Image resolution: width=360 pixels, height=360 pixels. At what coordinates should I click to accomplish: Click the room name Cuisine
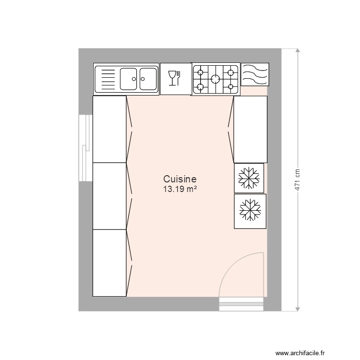[x=180, y=180]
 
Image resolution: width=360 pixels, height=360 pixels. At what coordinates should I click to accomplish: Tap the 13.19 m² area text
[x=180, y=189]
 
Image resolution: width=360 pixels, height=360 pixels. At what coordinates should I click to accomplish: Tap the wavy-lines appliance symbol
[x=254, y=74]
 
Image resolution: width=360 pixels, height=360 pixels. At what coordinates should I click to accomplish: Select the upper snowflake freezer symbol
[x=249, y=178]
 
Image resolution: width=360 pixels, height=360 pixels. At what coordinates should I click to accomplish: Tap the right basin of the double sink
[x=148, y=79]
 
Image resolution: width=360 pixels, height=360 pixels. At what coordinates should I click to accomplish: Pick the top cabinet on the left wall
[x=109, y=129]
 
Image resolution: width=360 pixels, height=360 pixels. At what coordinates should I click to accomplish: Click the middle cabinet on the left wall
[x=109, y=196]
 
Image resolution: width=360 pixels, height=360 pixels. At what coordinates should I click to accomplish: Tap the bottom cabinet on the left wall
[x=109, y=263]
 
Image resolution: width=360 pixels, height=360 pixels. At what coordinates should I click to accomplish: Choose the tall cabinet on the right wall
[x=250, y=129]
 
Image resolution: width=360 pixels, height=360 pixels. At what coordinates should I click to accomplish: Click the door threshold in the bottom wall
[x=241, y=303]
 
